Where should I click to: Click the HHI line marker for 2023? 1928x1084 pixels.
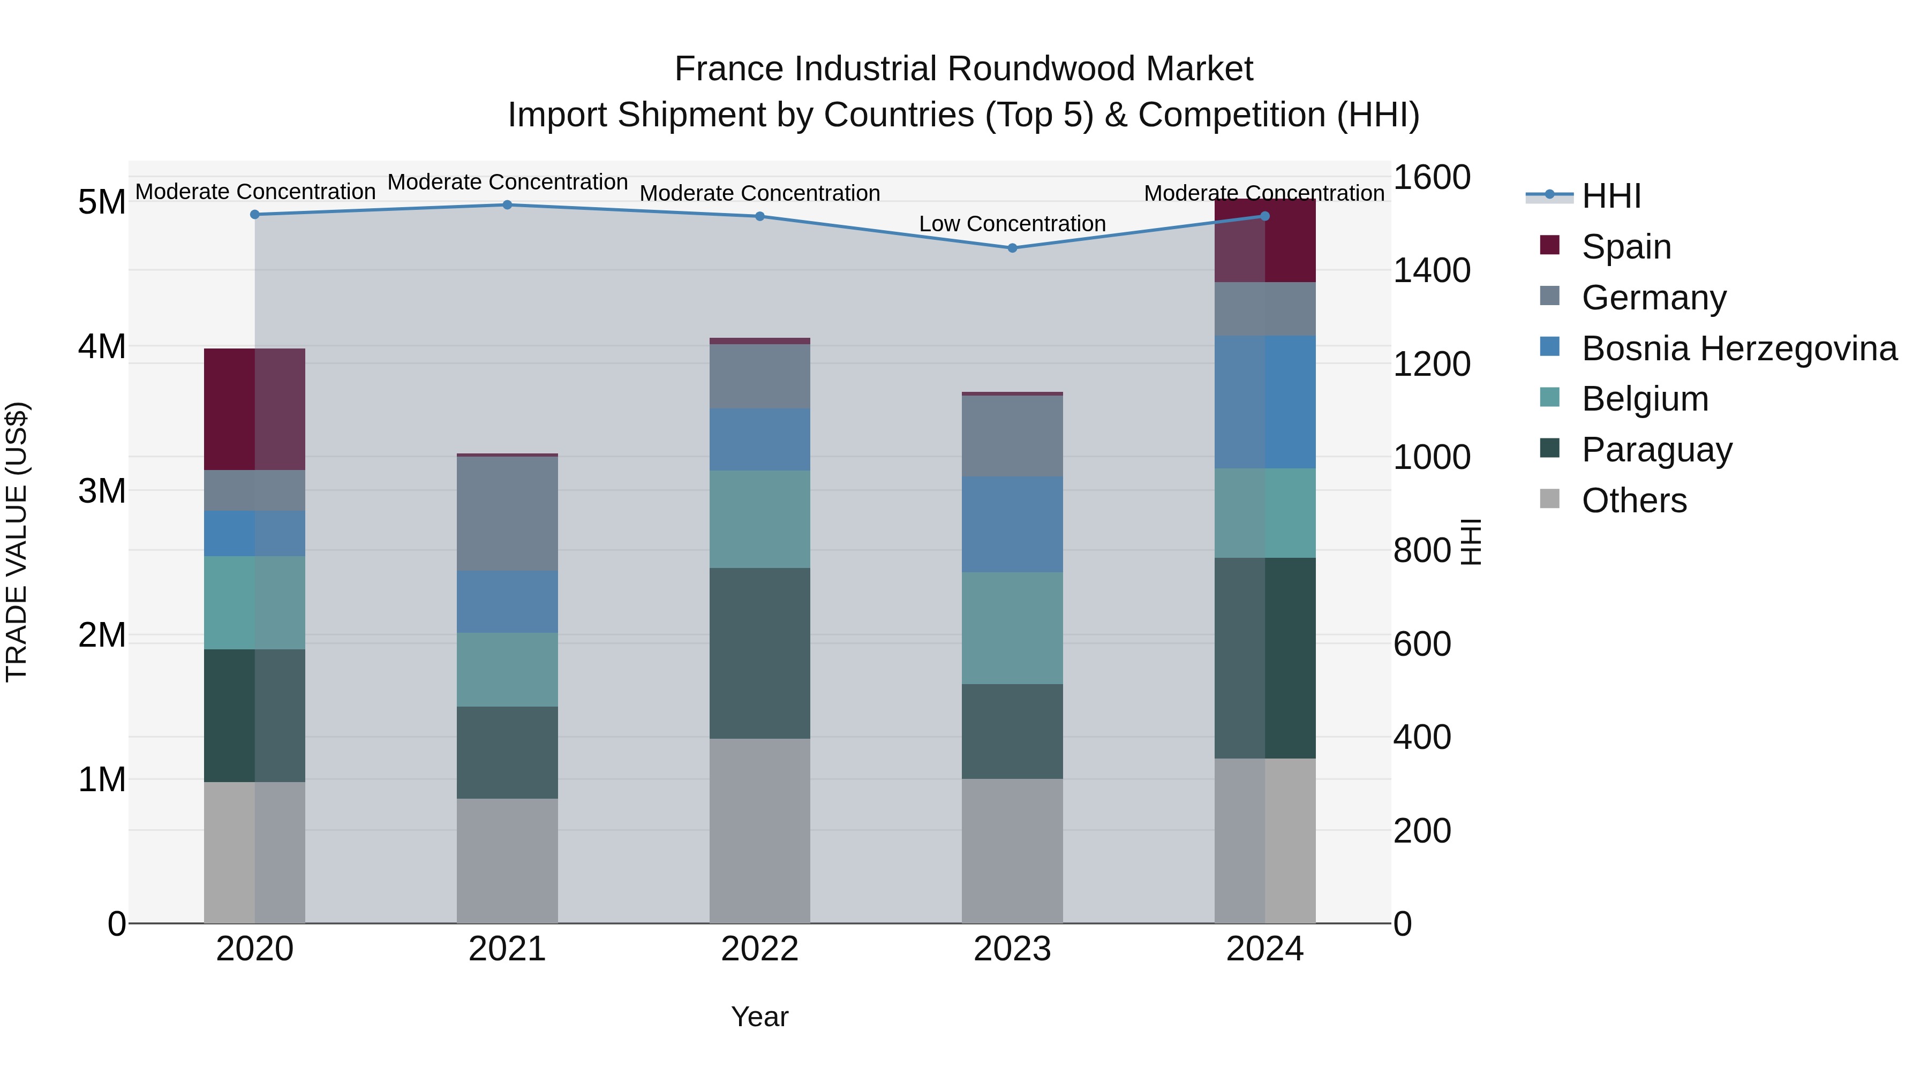pyautogui.click(x=1012, y=248)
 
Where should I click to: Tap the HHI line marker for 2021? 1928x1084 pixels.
pyautogui.click(x=507, y=205)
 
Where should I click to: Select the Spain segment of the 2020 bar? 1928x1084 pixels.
pyautogui.click(x=254, y=409)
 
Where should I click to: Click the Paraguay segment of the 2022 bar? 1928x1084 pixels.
pyautogui.click(x=759, y=653)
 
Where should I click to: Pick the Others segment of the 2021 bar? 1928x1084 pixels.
pyautogui.click(x=507, y=860)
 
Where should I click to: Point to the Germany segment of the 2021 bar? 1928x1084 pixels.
pyautogui.click(x=507, y=513)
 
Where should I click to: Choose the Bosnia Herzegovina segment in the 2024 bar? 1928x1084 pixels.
pyautogui.click(x=1265, y=401)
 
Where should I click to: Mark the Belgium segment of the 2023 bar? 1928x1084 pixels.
pyautogui.click(x=1012, y=628)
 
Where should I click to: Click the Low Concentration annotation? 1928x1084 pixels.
pyautogui.click(x=1012, y=224)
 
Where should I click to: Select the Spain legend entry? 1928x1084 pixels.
pyautogui.click(x=1625, y=246)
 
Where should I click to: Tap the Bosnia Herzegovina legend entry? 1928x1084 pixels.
pyautogui.click(x=1738, y=348)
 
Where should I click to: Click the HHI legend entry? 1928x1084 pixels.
pyautogui.click(x=1610, y=196)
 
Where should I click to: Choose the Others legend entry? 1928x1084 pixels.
pyautogui.click(x=1634, y=501)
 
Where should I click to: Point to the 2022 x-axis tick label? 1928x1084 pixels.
pyautogui.click(x=759, y=949)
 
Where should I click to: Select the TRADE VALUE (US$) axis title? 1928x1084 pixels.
pyautogui.click(x=17, y=542)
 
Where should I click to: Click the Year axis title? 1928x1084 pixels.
pyautogui.click(x=759, y=1017)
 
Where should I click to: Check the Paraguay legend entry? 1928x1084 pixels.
pyautogui.click(x=1656, y=450)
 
